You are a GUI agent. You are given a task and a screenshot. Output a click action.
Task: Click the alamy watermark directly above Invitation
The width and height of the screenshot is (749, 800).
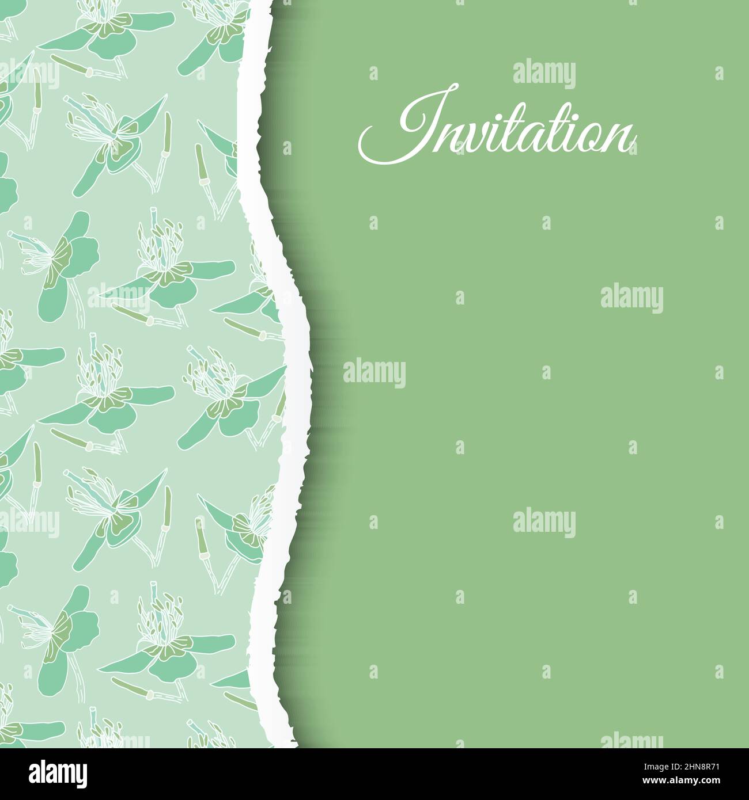coord(543,74)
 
